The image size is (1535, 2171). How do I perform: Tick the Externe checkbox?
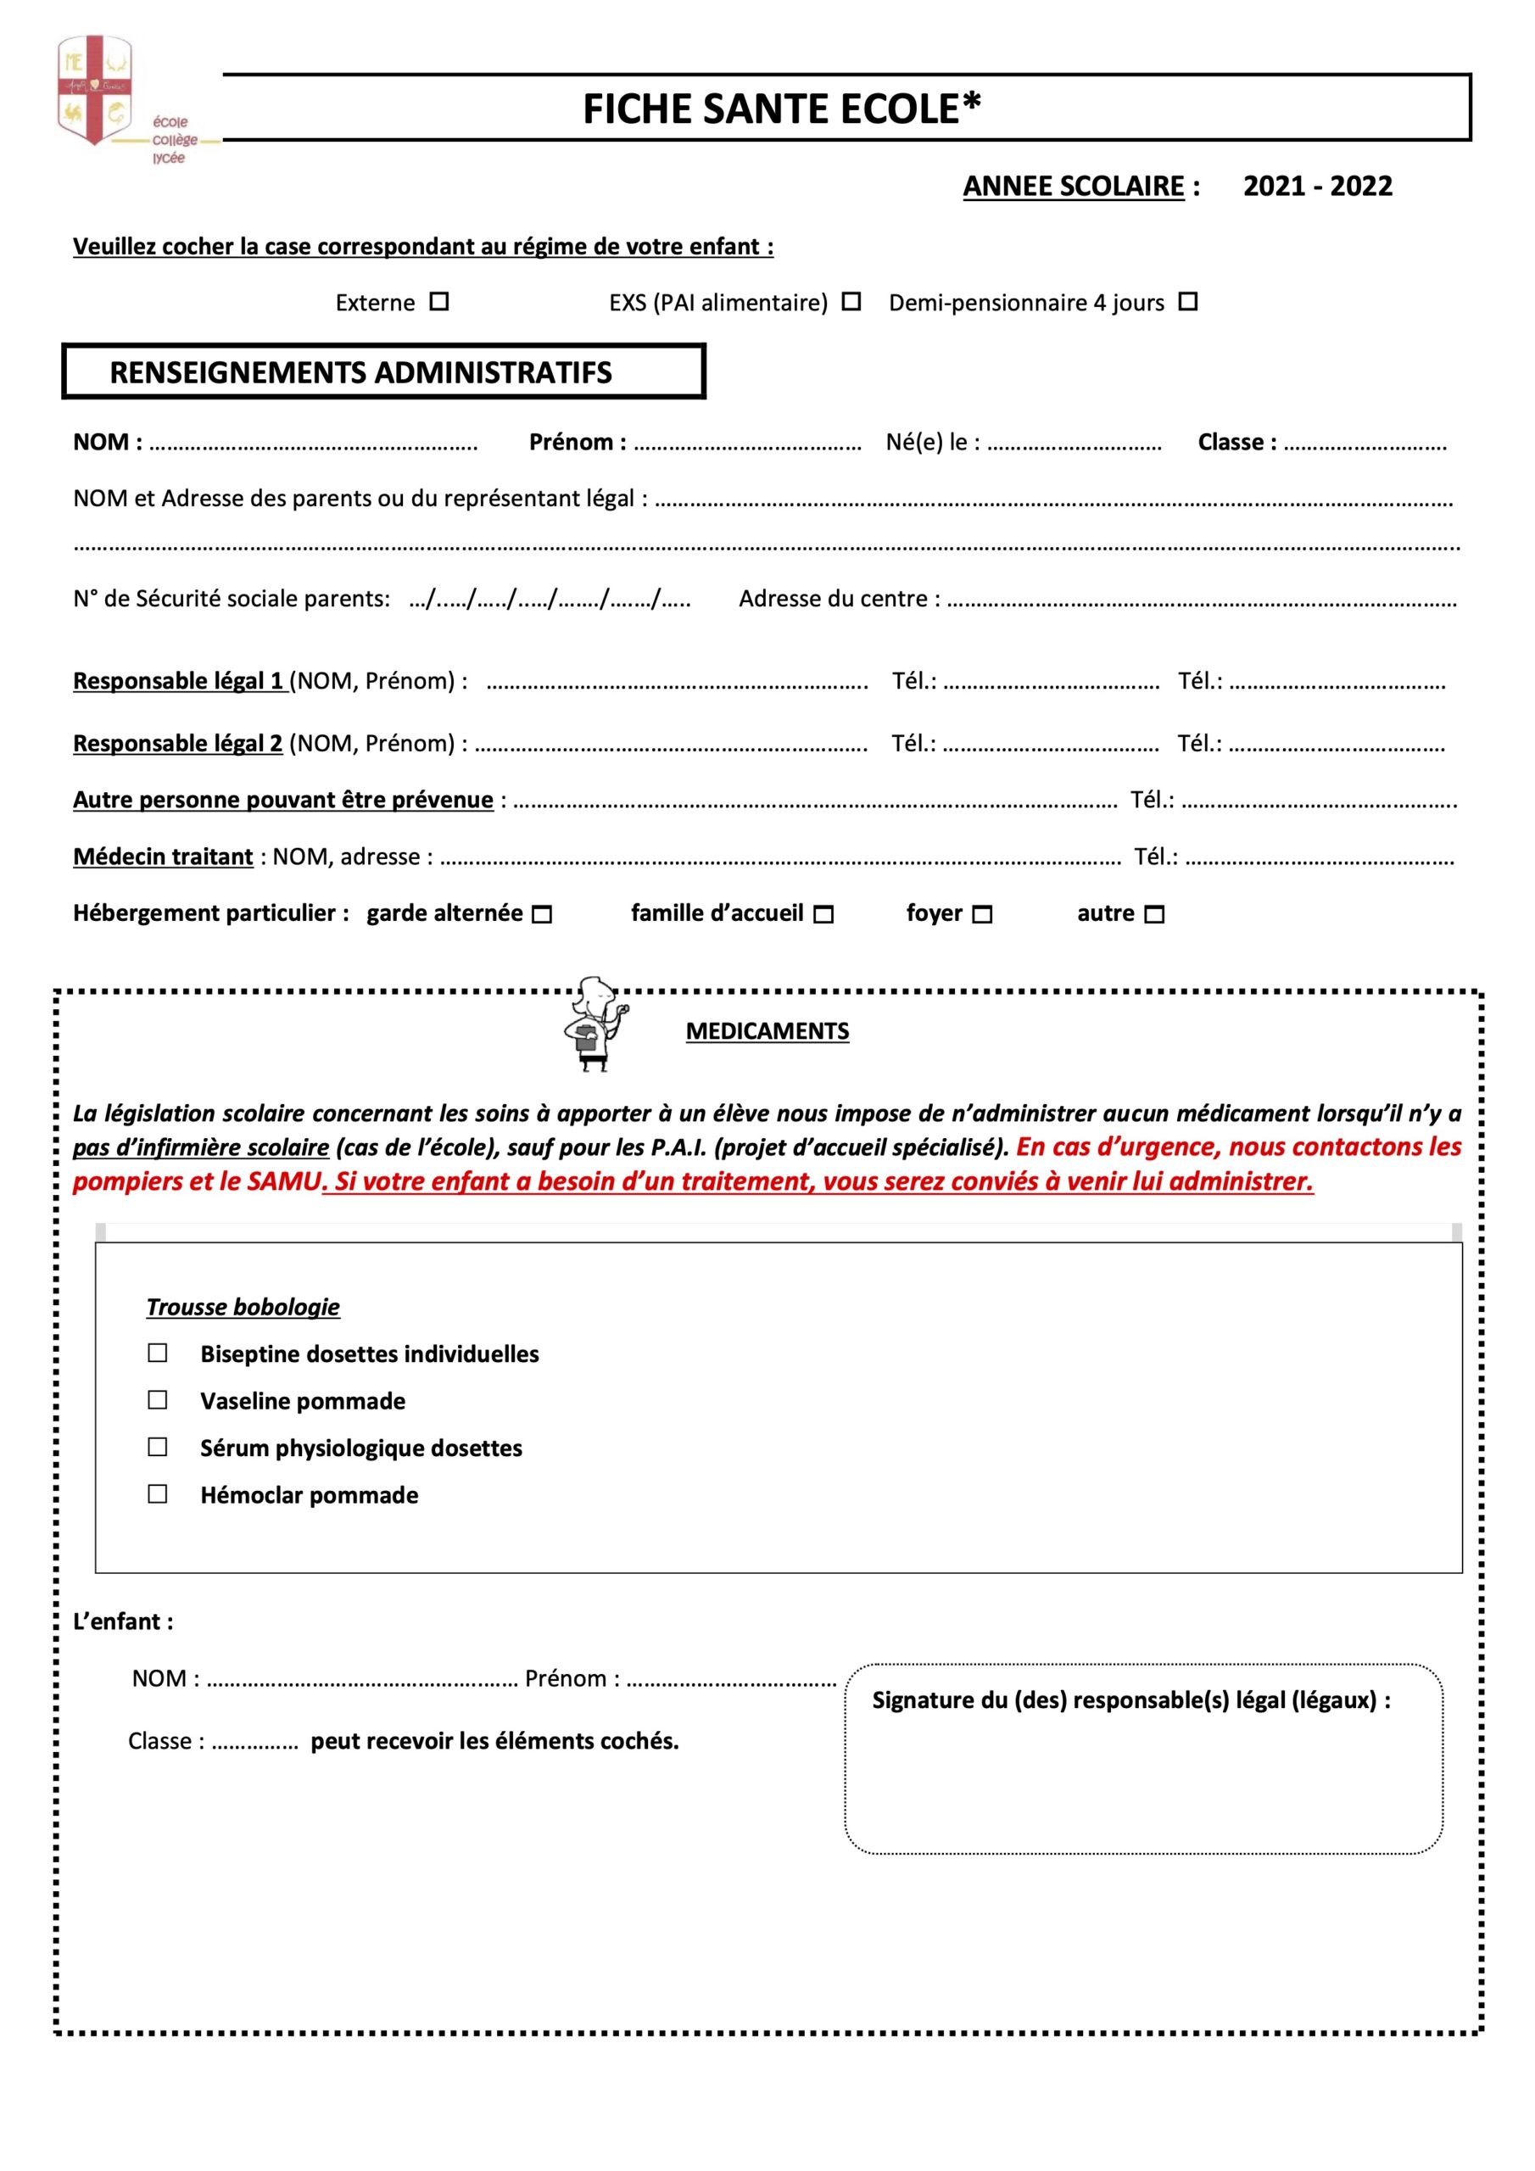[438, 302]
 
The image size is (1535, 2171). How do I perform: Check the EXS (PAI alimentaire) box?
[851, 302]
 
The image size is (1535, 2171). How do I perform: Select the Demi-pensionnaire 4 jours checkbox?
[1188, 302]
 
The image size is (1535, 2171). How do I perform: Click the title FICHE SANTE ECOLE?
[781, 109]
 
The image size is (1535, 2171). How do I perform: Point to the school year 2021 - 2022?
[1316, 187]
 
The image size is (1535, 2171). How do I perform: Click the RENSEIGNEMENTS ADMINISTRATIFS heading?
[360, 372]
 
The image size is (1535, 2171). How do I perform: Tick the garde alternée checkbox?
[542, 914]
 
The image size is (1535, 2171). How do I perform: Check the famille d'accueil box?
[823, 914]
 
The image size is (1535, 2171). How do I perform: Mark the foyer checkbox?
[983, 914]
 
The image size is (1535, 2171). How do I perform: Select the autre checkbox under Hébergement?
[1154, 914]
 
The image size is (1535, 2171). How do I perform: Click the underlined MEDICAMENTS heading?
[767, 1030]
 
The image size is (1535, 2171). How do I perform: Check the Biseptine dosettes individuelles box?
[158, 1353]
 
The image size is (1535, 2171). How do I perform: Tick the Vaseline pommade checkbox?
[158, 1399]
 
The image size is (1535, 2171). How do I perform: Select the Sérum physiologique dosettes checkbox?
[158, 1447]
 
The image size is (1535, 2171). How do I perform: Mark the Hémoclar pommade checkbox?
[158, 1494]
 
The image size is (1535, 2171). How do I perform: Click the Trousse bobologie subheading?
[243, 1307]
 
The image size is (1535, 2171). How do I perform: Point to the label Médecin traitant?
[163, 857]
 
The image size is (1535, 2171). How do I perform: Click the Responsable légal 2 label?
[178, 743]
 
